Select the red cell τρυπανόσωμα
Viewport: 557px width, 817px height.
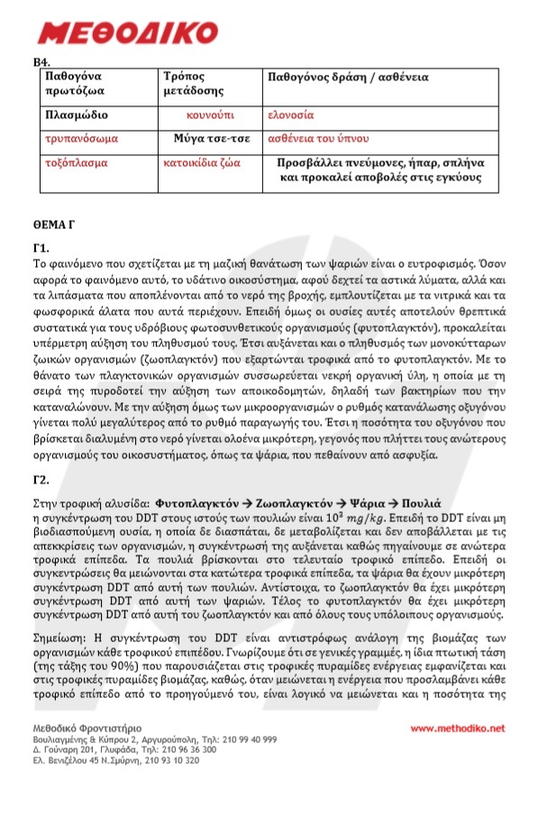coord(81,140)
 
